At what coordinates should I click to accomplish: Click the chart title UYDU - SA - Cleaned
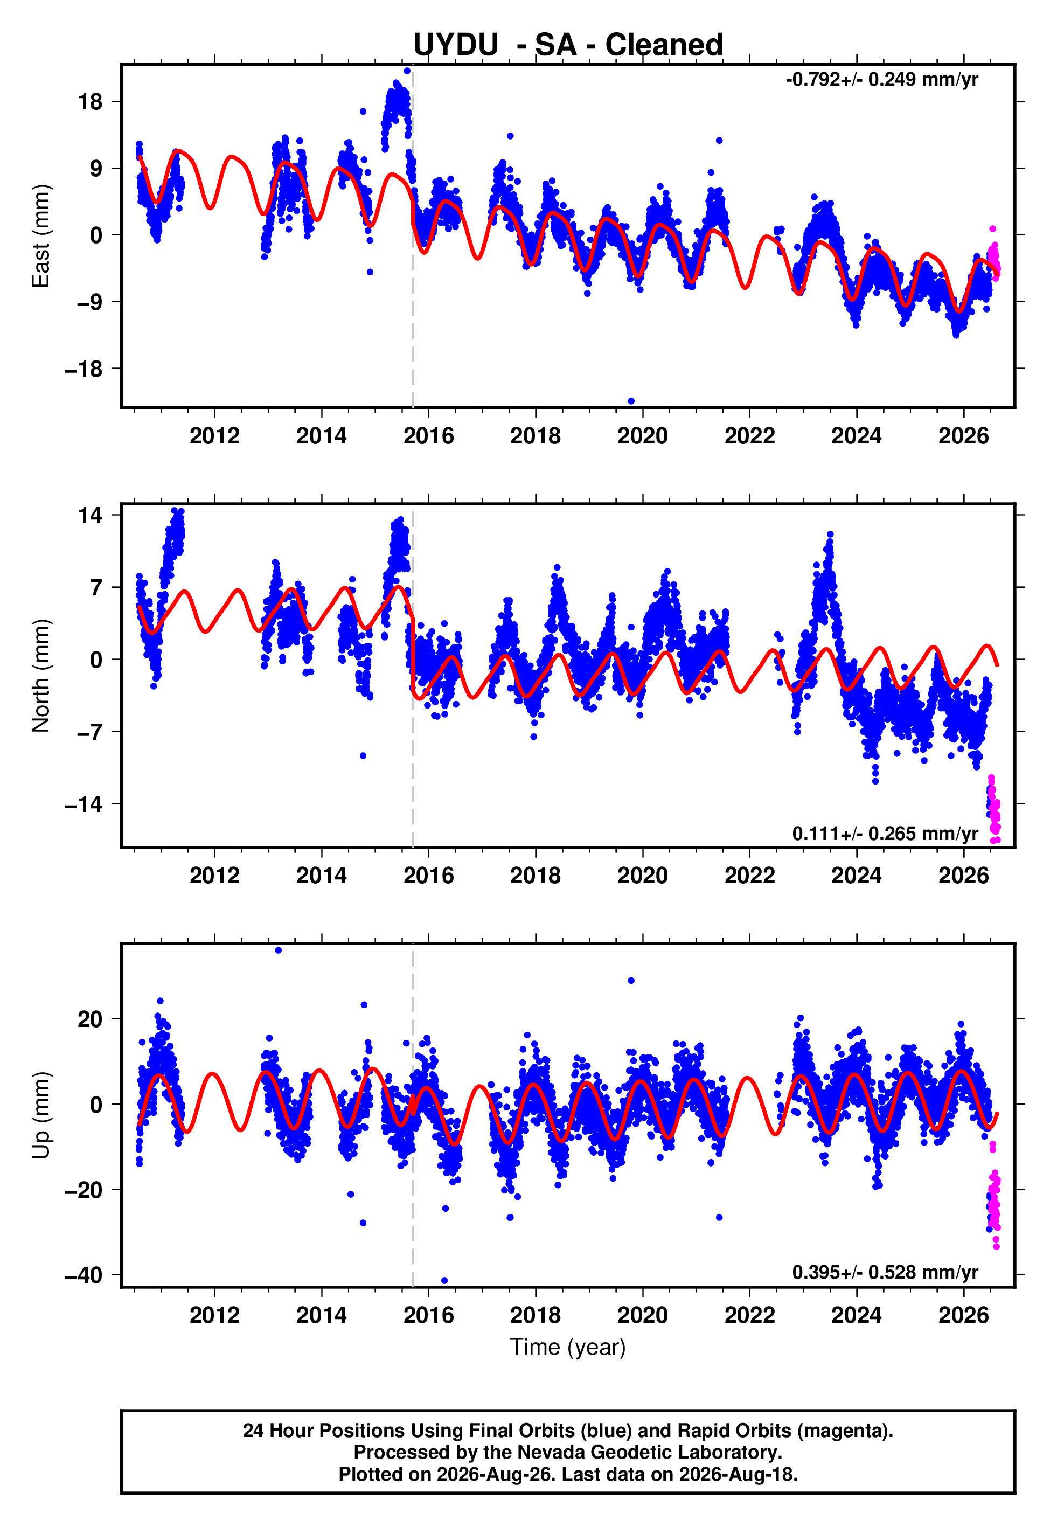pyautogui.click(x=568, y=45)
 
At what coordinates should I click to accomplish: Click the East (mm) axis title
pyautogui.click(x=41, y=236)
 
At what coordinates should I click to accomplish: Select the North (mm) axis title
pyautogui.click(x=41, y=676)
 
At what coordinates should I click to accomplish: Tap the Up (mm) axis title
pyautogui.click(x=41, y=1115)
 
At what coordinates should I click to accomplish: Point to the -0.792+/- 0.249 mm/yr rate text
pyautogui.click(x=881, y=79)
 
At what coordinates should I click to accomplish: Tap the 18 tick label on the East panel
pyautogui.click(x=90, y=102)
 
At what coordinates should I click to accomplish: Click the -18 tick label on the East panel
pyautogui.click(x=84, y=369)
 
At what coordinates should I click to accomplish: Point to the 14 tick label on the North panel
pyautogui.click(x=90, y=515)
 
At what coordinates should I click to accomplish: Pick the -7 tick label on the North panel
pyautogui.click(x=84, y=732)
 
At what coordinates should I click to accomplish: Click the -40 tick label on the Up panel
pyautogui.click(x=84, y=1275)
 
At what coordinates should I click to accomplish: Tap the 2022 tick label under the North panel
pyautogui.click(x=750, y=876)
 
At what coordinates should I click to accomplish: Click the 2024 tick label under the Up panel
pyautogui.click(x=857, y=1315)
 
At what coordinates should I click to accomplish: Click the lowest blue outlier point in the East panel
pyautogui.click(x=631, y=401)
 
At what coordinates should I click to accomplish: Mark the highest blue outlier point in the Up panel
pyautogui.click(x=278, y=950)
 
